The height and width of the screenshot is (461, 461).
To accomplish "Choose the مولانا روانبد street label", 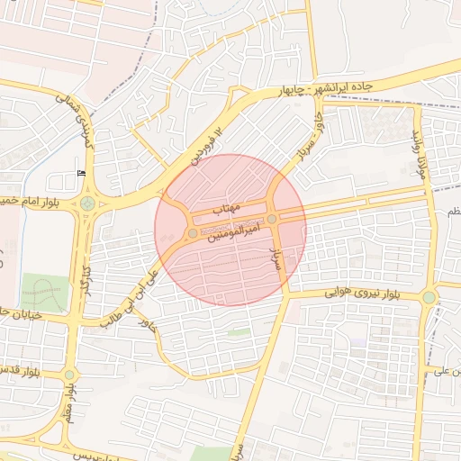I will pyautogui.click(x=418, y=149).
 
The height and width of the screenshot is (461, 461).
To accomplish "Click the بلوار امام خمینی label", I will pyautogui.click(x=36, y=199).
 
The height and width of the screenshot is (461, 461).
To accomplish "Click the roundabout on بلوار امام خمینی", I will pyautogui.click(x=87, y=203).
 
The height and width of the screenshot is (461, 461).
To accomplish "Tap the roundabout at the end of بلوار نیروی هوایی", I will pyautogui.click(x=429, y=296).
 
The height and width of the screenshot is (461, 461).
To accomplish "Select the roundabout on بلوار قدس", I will pyautogui.click(x=70, y=375).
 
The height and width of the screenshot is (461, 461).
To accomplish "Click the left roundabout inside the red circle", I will pyautogui.click(x=193, y=233).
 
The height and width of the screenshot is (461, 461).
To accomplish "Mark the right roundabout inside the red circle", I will pyautogui.click(x=272, y=219).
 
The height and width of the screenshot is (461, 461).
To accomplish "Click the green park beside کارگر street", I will pyautogui.click(x=45, y=293).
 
